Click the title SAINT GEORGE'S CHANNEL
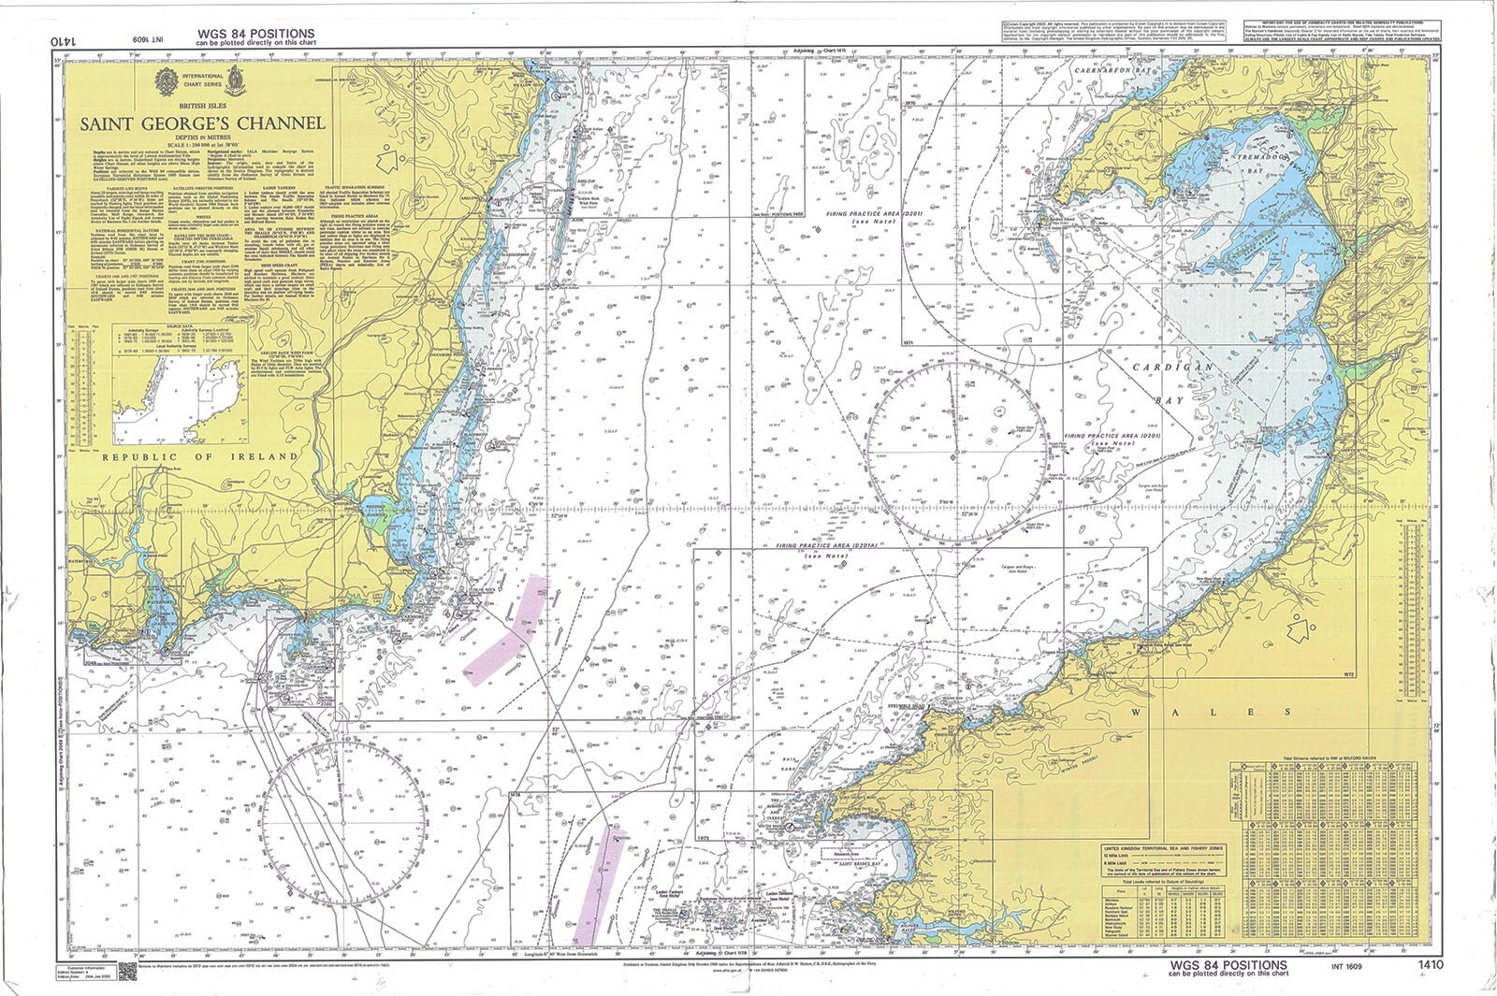point(202,123)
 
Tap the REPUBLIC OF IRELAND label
point(200,456)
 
